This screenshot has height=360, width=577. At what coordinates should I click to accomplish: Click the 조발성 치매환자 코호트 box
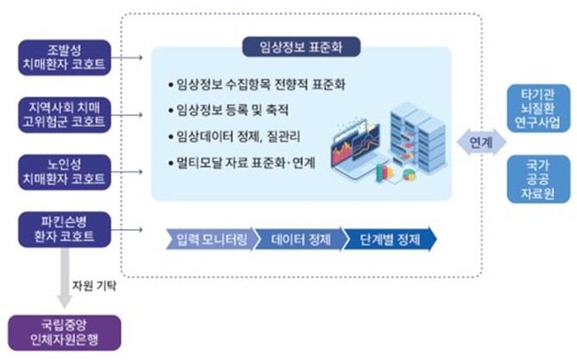[65, 58]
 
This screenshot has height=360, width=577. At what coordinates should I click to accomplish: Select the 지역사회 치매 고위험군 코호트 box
[65, 115]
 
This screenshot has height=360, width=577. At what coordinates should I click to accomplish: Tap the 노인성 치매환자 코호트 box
[65, 172]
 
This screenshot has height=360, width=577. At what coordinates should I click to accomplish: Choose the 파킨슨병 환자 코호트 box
[65, 229]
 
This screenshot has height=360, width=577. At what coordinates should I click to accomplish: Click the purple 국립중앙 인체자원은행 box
[65, 332]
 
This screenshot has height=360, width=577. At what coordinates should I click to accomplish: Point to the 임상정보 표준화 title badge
[301, 47]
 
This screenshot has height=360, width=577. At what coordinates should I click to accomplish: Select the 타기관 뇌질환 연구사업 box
[538, 109]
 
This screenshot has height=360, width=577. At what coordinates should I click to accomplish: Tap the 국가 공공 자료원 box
[538, 179]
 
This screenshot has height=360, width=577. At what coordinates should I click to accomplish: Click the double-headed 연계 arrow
[481, 142]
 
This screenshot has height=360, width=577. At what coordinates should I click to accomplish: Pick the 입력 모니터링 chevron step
[210, 239]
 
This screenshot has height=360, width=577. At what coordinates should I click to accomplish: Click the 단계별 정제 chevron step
[390, 239]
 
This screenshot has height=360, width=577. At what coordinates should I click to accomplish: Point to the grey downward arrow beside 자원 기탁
[65, 278]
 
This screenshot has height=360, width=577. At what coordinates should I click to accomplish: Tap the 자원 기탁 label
[94, 286]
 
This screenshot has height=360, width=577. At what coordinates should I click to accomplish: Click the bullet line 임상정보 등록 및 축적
[228, 110]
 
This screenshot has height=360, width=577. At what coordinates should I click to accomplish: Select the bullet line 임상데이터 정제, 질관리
[234, 137]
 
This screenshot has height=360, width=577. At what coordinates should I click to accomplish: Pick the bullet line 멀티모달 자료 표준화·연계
[241, 163]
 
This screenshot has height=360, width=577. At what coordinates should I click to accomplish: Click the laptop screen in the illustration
[355, 146]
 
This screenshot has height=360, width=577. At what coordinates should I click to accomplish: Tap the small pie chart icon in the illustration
[409, 175]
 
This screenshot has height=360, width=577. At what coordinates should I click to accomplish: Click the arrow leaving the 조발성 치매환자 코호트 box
[127, 58]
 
